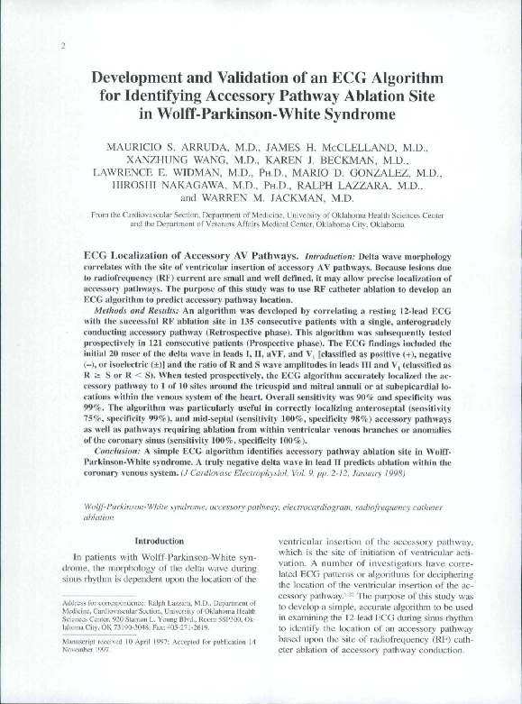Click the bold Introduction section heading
159,540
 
